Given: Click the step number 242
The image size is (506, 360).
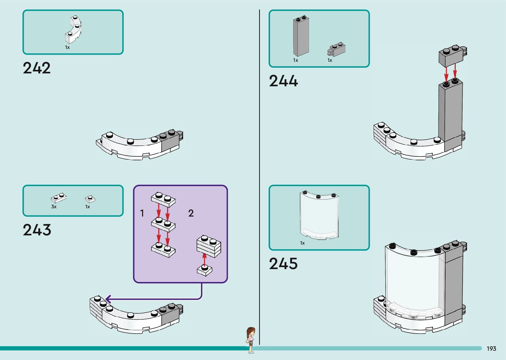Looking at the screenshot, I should point(37,68).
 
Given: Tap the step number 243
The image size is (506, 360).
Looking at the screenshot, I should point(37,230).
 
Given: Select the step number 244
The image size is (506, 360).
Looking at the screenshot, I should point(283,81).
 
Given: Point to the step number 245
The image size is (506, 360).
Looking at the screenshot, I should point(283,264).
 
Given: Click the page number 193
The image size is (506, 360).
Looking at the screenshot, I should point(491,349).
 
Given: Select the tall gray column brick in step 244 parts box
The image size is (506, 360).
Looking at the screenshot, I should point(301,36).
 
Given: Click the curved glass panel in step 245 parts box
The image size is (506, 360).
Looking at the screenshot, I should point(319,215).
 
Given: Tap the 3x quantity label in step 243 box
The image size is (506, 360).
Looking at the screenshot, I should point(54,207).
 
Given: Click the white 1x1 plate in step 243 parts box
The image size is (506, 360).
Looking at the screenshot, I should point(90,199).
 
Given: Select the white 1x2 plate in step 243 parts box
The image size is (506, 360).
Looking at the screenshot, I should point(59,198).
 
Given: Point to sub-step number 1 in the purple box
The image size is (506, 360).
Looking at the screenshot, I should point(142,213).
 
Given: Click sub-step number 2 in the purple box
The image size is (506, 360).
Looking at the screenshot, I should point(191,213).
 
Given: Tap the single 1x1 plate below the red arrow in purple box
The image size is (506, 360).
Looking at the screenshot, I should point(205,270).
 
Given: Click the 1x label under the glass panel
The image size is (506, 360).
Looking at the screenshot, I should point(302,243).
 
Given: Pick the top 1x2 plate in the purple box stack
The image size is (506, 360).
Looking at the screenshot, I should point(163,199).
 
